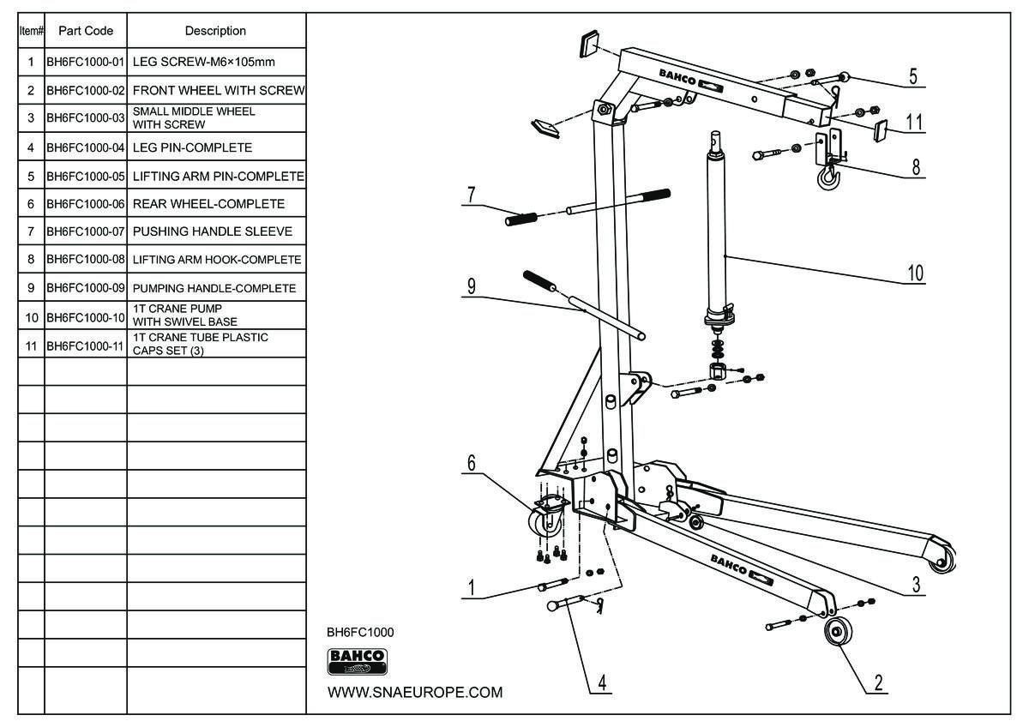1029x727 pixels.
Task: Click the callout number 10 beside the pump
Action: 915,273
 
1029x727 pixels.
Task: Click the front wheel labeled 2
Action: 834,635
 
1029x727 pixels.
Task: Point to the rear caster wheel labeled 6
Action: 545,521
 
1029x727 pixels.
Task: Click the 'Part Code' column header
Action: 86,31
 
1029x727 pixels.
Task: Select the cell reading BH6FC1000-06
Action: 86,204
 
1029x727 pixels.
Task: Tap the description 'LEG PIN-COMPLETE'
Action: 192,147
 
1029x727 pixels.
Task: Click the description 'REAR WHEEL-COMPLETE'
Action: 208,204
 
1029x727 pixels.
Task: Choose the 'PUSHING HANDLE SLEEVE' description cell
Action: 213,231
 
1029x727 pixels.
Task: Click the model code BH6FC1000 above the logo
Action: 360,632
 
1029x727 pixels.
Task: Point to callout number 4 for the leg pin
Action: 603,683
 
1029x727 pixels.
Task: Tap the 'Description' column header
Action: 215,31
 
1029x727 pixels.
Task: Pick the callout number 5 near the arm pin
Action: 913,77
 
